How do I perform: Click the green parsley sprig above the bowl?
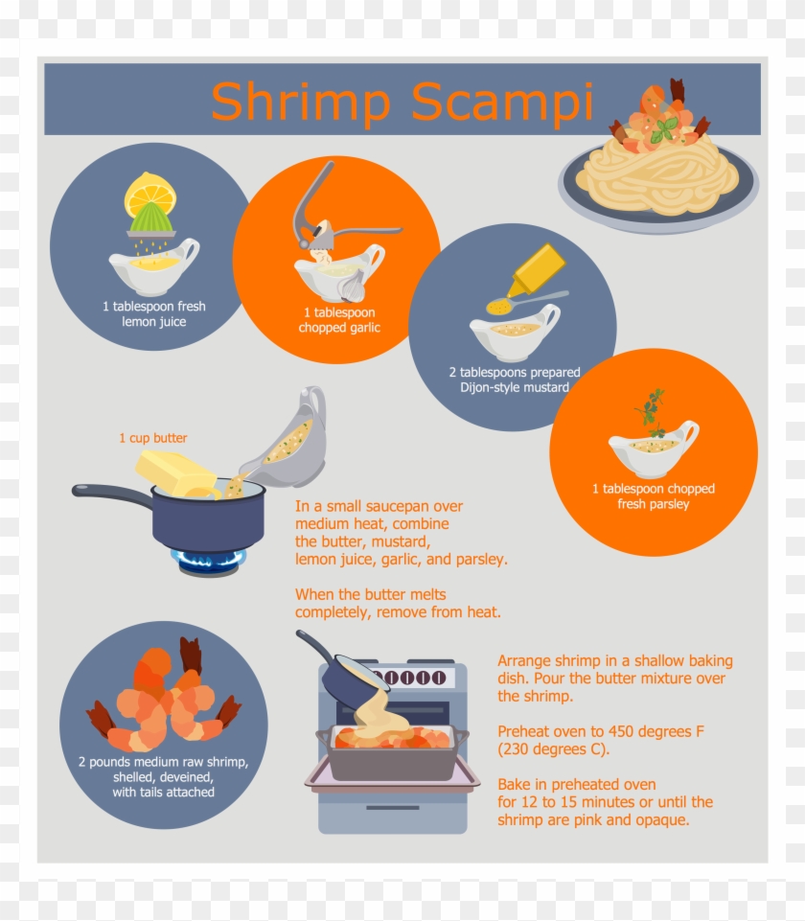(x=652, y=411)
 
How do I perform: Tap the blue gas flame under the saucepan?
(x=209, y=556)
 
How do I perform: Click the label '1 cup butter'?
(x=153, y=438)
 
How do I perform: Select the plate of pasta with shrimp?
(x=658, y=163)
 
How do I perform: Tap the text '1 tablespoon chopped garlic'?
(x=339, y=320)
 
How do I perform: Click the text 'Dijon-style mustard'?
(x=513, y=388)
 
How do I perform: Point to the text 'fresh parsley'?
(x=653, y=504)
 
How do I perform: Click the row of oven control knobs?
(x=416, y=678)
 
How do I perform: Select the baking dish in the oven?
(x=393, y=752)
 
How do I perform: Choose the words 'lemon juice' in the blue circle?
(x=153, y=322)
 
